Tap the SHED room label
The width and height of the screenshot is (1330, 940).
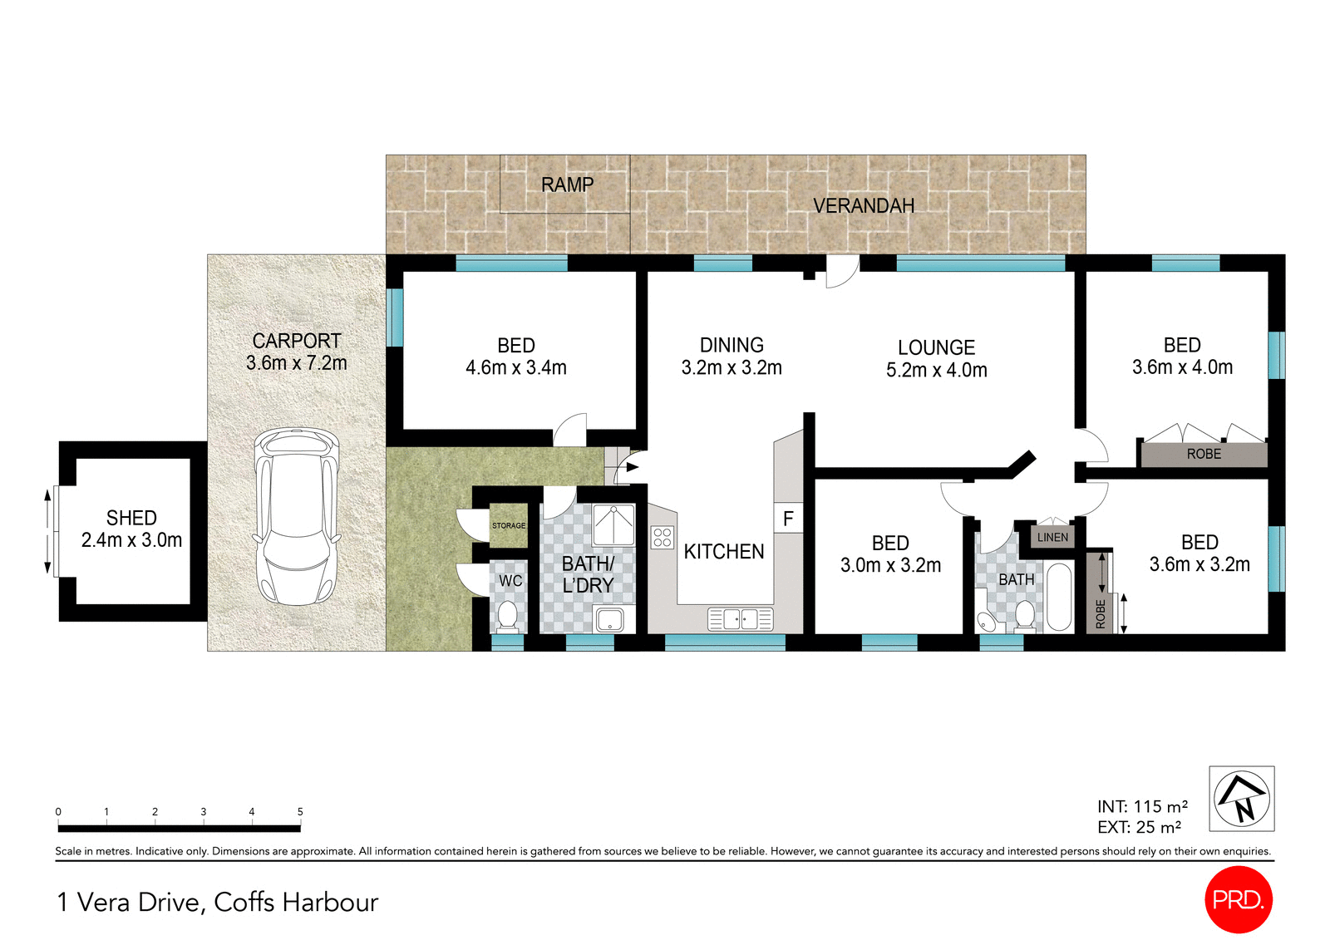click(x=131, y=518)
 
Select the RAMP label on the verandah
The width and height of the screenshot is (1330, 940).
click(x=567, y=185)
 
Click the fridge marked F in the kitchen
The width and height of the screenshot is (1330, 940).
click(x=788, y=519)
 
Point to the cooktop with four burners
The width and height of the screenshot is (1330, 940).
click(x=662, y=537)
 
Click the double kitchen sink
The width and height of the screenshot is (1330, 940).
click(x=740, y=619)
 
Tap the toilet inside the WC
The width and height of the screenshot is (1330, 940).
click(x=506, y=616)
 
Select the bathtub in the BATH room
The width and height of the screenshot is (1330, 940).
click(x=1058, y=597)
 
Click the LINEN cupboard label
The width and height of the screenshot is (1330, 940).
click(x=1052, y=537)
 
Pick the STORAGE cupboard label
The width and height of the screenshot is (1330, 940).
click(x=509, y=525)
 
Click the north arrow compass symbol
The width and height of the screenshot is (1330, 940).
click(x=1242, y=799)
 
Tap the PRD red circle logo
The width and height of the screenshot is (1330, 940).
click(x=1238, y=899)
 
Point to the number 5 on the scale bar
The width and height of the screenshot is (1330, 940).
click(x=300, y=811)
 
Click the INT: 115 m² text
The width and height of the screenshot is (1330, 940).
click(x=1142, y=806)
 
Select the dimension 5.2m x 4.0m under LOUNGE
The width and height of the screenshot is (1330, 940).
click(x=936, y=371)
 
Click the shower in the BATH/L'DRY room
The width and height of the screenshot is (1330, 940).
click(x=613, y=524)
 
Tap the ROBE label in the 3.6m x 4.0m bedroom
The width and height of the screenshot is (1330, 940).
click(x=1204, y=454)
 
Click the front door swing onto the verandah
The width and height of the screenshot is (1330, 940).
click(x=841, y=272)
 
